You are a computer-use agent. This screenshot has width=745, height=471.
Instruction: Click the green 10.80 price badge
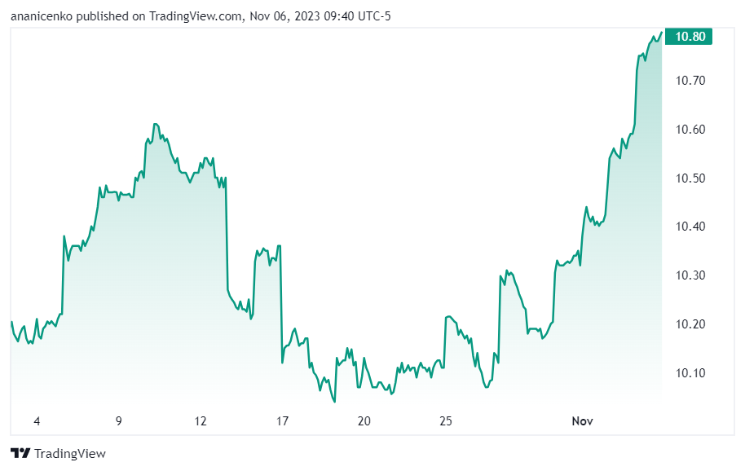point(689,37)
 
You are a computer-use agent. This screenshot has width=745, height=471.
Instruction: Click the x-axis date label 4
point(37,421)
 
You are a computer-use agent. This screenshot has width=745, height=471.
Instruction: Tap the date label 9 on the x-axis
point(119,421)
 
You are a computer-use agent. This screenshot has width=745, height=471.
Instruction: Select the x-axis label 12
point(201,421)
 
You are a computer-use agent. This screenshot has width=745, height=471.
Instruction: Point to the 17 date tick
point(283,421)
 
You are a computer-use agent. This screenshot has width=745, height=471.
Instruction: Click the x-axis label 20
point(364,421)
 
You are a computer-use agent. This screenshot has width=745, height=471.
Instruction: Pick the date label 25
point(446,421)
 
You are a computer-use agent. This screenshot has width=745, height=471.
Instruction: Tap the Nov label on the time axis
point(581,421)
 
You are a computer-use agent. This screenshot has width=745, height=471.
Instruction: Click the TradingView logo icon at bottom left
point(20,453)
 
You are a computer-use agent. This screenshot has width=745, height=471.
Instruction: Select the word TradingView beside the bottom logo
point(71,454)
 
